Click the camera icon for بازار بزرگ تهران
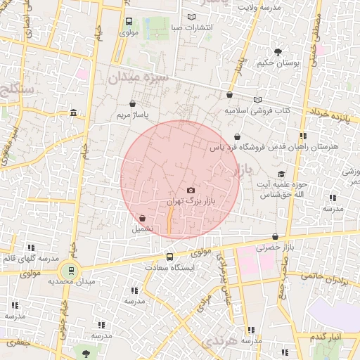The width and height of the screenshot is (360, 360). [191, 190]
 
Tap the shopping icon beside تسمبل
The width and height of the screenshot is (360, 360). [143, 219]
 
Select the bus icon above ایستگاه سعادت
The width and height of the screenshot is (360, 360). [169, 257]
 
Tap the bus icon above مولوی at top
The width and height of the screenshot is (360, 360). [129, 22]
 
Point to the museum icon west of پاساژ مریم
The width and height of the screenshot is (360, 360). [74, 112]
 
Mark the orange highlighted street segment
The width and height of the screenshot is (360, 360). [169, 219]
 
